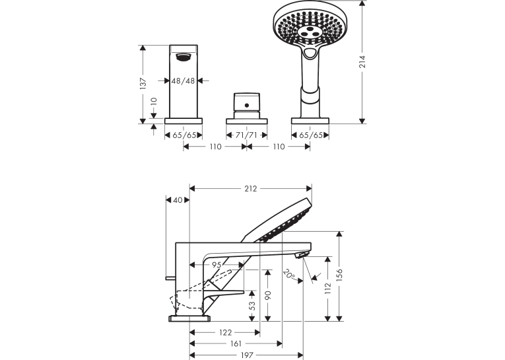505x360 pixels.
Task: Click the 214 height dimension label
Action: pyautogui.click(x=362, y=61)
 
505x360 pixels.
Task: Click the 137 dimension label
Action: pyautogui.click(x=144, y=83)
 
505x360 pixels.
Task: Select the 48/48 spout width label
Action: pyautogui.click(x=184, y=81)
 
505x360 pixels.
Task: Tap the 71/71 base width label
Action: pyautogui.click(x=246, y=135)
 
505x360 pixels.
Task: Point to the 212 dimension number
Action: pyautogui.click(x=251, y=188)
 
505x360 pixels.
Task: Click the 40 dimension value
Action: pyautogui.click(x=178, y=200)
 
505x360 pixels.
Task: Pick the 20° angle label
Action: pyautogui.click(x=289, y=274)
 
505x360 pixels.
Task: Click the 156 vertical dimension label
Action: pyautogui.click(x=339, y=275)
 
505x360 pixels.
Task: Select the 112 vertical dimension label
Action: pyautogui.click(x=328, y=288)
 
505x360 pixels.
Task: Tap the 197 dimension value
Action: pyautogui.click(x=247, y=355)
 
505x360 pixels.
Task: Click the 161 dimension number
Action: pyautogui.click(x=236, y=344)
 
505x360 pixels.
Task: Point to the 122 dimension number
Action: pyautogui.click(x=226, y=333)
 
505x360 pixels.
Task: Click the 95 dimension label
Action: pyautogui.click(x=217, y=265)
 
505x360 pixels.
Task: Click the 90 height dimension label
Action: pyautogui.click(x=268, y=295)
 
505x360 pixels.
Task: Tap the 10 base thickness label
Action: pyautogui.click(x=154, y=101)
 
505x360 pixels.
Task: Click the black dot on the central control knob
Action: pyautogui.click(x=247, y=105)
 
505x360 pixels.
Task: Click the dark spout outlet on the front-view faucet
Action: pyautogui.click(x=184, y=57)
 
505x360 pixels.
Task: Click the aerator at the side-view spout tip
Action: pyautogui.click(x=302, y=255)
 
